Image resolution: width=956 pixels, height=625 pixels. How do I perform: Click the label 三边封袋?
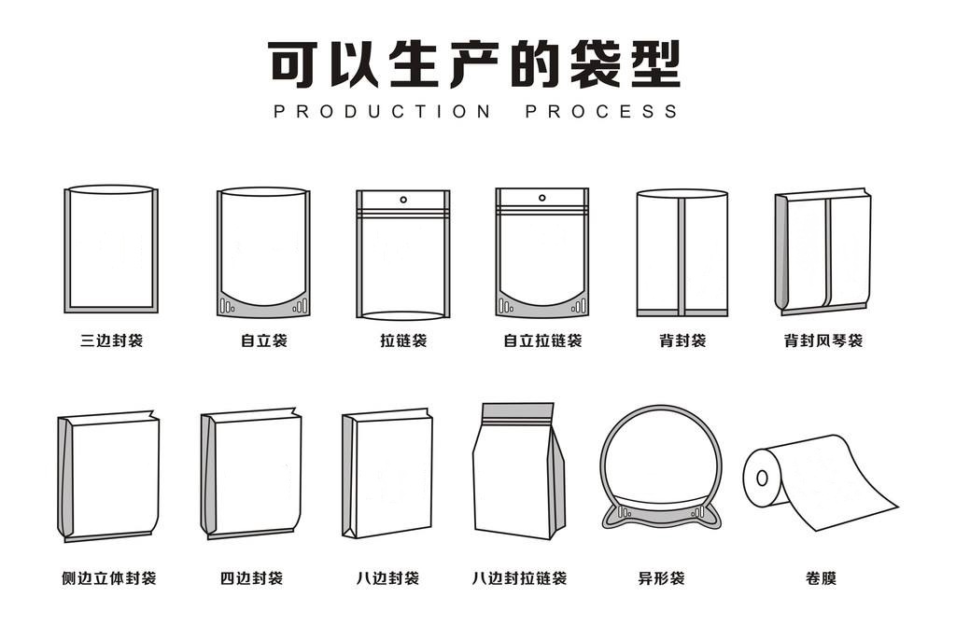tap(111, 341)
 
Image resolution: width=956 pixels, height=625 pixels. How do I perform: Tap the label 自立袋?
tap(263, 341)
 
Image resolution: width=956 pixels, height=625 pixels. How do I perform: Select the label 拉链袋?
tap(403, 341)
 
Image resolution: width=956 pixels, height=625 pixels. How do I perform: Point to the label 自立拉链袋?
tap(542, 341)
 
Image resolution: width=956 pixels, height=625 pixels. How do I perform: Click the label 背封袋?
tap(682, 341)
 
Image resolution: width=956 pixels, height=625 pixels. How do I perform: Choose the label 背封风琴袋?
tap(822, 341)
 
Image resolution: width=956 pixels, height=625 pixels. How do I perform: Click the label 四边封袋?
tap(251, 579)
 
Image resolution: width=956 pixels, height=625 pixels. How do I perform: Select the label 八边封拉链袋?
tap(519, 579)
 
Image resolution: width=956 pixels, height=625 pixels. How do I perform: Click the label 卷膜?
tap(821, 579)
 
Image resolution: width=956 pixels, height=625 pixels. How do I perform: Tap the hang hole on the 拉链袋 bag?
tap(403, 199)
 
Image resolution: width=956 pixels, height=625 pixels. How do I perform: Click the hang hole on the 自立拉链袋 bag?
tap(541, 198)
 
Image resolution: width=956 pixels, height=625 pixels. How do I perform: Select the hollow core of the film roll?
tap(762, 479)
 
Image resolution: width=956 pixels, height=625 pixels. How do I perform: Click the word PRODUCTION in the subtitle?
tap(382, 112)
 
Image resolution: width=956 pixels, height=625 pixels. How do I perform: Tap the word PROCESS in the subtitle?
tap(602, 112)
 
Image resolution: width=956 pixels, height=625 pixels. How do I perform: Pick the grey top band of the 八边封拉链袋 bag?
tap(517, 412)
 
